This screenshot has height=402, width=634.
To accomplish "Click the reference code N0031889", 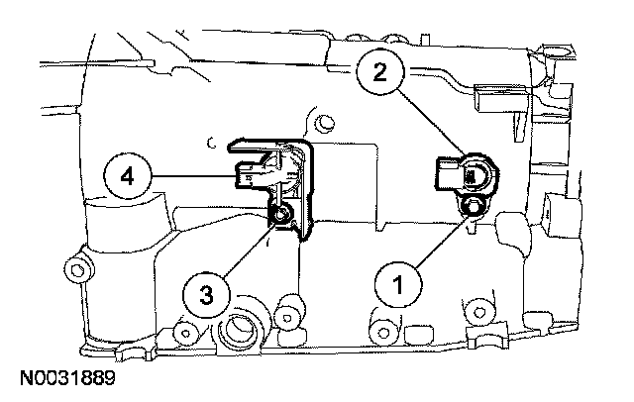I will pyautogui.click(x=66, y=378).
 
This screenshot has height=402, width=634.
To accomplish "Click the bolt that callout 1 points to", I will pyautogui.click(x=472, y=206).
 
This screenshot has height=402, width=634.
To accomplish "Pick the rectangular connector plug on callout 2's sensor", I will pyautogui.click(x=448, y=176).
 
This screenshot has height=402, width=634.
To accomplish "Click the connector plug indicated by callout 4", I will pyautogui.click(x=250, y=175).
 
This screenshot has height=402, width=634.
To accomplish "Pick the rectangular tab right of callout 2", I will pyautogui.click(x=492, y=99).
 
